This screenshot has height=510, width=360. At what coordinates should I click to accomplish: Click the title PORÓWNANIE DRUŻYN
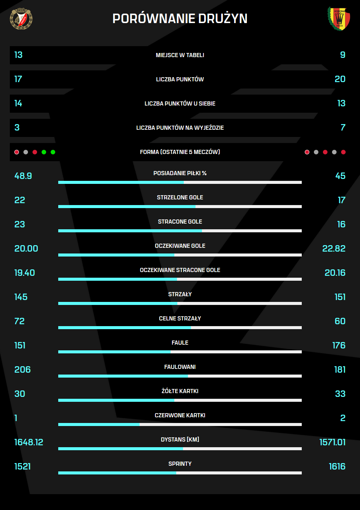tap(180, 19)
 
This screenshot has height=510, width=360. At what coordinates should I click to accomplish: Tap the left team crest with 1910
tap(21, 19)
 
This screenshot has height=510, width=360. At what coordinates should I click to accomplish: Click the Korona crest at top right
tap(339, 19)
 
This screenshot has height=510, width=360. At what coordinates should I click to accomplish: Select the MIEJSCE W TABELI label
tap(180, 55)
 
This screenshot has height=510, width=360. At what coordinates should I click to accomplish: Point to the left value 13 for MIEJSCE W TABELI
tap(19, 55)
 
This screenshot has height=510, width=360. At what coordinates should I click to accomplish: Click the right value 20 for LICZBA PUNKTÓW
tap(340, 79)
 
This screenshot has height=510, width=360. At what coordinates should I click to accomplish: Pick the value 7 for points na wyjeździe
tap(343, 128)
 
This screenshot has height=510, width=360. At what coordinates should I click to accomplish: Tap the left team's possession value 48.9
tap(23, 176)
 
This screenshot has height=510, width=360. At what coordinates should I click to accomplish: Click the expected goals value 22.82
tap(334, 249)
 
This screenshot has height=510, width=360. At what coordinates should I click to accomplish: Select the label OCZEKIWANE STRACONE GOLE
tap(180, 270)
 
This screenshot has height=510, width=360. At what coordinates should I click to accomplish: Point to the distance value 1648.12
tap(29, 443)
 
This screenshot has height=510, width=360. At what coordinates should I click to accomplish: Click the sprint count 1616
tap(337, 467)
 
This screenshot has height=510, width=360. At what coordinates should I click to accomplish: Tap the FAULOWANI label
tap(180, 367)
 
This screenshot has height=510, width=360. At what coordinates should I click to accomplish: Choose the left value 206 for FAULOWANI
tap(23, 370)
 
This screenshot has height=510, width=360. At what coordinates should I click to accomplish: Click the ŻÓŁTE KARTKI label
tap(180, 391)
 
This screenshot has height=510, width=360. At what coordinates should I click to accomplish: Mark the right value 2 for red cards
tap(343, 418)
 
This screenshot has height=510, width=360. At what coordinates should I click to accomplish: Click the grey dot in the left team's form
tap(26, 152)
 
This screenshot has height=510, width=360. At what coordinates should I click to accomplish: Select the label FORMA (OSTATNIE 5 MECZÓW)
tap(180, 152)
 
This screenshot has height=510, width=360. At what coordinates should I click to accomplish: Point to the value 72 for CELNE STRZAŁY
tap(20, 322)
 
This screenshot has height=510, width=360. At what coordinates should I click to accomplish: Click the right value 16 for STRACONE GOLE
tap(341, 225)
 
